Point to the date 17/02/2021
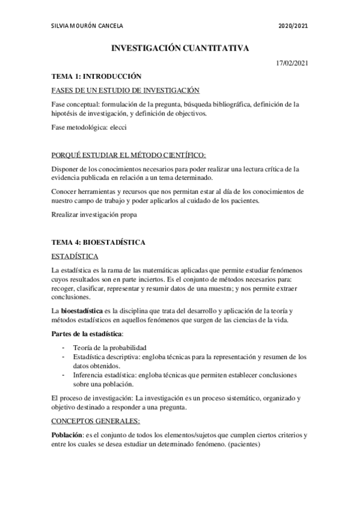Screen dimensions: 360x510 click(x=292, y=63)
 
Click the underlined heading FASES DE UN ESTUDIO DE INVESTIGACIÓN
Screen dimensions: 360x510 click(x=125, y=90)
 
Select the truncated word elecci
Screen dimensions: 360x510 click(x=118, y=127)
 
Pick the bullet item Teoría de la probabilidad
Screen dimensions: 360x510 click(x=110, y=348)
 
